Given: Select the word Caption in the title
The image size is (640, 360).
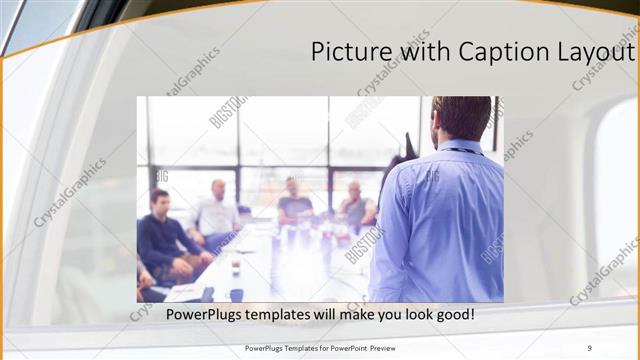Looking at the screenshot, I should (493, 51).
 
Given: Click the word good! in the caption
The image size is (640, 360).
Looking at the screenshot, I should (451, 314).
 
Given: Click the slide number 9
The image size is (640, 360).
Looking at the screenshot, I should (590, 347).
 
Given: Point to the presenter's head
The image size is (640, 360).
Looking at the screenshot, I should (462, 118).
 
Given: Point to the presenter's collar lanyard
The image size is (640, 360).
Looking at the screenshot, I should (462, 150).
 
